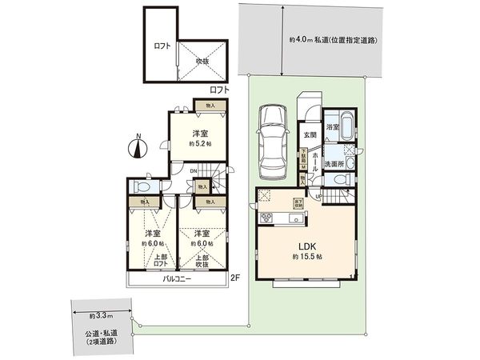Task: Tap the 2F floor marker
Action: (x=234, y=278)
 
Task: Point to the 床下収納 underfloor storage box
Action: (x=298, y=202)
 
